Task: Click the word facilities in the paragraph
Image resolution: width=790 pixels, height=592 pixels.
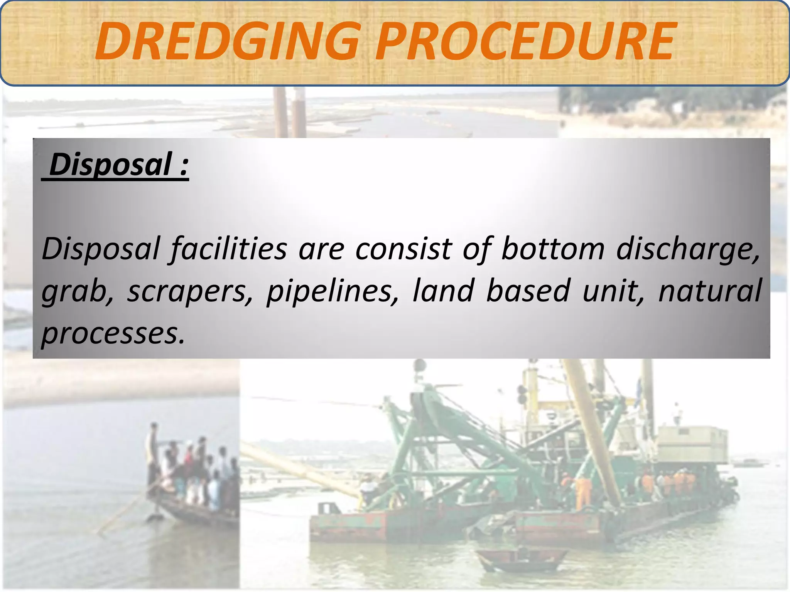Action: click(229, 249)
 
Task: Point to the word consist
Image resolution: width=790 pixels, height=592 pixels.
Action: click(403, 249)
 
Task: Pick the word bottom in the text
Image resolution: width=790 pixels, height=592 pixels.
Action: click(552, 249)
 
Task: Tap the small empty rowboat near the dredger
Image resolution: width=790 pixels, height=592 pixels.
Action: click(517, 561)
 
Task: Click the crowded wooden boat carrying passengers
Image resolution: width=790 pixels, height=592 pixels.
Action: click(193, 497)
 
